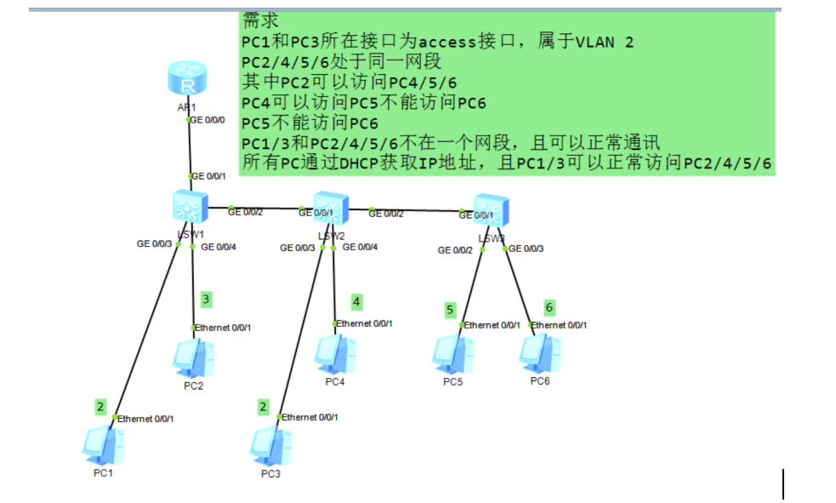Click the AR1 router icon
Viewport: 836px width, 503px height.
pyautogui.click(x=187, y=82)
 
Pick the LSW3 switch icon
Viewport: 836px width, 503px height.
pyautogui.click(x=490, y=211)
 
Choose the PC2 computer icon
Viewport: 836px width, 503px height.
pyautogui.click(x=192, y=358)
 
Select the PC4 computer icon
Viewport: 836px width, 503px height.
pyautogui.click(x=334, y=355)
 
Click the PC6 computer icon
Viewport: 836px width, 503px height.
pyautogui.click(x=540, y=354)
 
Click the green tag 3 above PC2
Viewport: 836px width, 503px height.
pyautogui.click(x=206, y=300)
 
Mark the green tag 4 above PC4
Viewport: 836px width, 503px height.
pyautogui.click(x=356, y=301)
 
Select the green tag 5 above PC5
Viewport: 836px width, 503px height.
pyautogui.click(x=450, y=310)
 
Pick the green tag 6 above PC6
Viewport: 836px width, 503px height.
pyautogui.click(x=549, y=306)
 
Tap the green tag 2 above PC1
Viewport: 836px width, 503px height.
pyautogui.click(x=100, y=407)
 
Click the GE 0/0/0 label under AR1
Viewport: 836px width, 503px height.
pyautogui.click(x=208, y=120)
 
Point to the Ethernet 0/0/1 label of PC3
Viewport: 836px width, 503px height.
pyautogui.click(x=310, y=417)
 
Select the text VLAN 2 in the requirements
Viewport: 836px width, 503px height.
pyautogui.click(x=605, y=42)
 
